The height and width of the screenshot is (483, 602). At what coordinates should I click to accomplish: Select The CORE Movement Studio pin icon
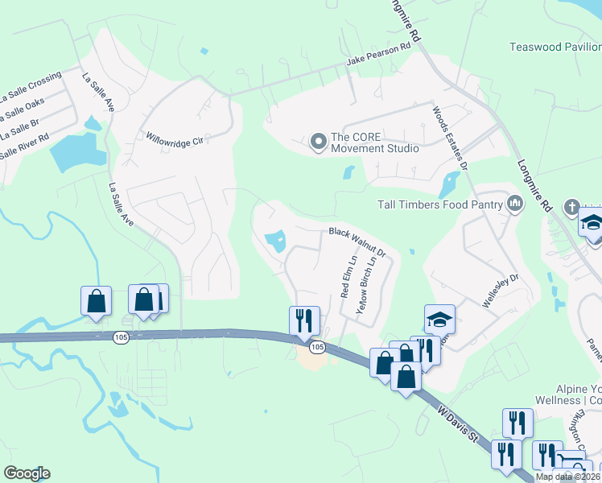[x=318, y=142]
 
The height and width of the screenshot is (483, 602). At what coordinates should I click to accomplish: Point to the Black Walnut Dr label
[x=357, y=242]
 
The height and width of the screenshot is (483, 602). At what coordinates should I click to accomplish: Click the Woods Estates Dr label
[x=451, y=136]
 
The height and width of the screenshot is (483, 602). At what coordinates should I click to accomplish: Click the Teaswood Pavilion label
[x=555, y=47]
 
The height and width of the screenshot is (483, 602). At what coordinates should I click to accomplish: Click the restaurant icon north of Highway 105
[x=305, y=320]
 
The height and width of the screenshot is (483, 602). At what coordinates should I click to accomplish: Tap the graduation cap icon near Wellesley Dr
[x=440, y=320]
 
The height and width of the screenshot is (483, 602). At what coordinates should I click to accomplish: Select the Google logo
[x=27, y=473]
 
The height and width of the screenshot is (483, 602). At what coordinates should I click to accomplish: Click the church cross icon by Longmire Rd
[x=572, y=206]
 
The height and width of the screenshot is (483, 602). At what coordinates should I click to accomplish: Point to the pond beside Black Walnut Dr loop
[x=275, y=240]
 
